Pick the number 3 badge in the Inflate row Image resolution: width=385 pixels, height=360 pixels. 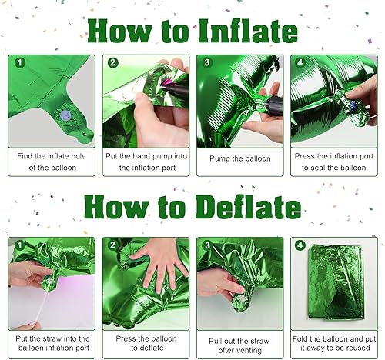[x=206, y=63]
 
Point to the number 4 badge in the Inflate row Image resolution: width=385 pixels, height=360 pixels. [x=300, y=63]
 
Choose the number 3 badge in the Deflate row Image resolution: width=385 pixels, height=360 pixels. [x=206, y=245]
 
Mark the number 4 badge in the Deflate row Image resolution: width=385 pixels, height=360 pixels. [x=300, y=245]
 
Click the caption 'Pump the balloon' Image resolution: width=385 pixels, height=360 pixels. [x=241, y=159]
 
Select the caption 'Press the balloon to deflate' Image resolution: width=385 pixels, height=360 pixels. [x=146, y=343]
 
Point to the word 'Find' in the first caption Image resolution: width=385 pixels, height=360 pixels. [x=27, y=154]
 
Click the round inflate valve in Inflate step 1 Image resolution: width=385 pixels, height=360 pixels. [x=65, y=114]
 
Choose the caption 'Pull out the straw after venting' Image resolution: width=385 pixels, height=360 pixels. [x=240, y=343]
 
